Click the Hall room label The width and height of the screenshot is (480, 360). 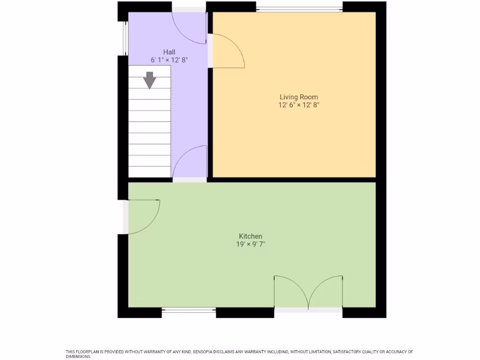coord(169,52)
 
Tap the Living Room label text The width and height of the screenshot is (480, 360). coord(299,97)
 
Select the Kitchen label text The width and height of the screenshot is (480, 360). coord(250,236)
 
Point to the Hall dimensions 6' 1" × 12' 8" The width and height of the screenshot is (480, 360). coord(169,60)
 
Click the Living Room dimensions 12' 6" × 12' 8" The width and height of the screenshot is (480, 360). coord(299,105)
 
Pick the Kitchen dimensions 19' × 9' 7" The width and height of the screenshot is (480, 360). coord(250,244)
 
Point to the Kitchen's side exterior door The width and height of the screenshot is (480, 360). coord(143,216)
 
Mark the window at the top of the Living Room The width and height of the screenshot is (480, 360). coord(299,8)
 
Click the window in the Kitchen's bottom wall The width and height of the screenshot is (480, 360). coord(189,310)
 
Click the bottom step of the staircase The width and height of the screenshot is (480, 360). coord(150,172)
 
